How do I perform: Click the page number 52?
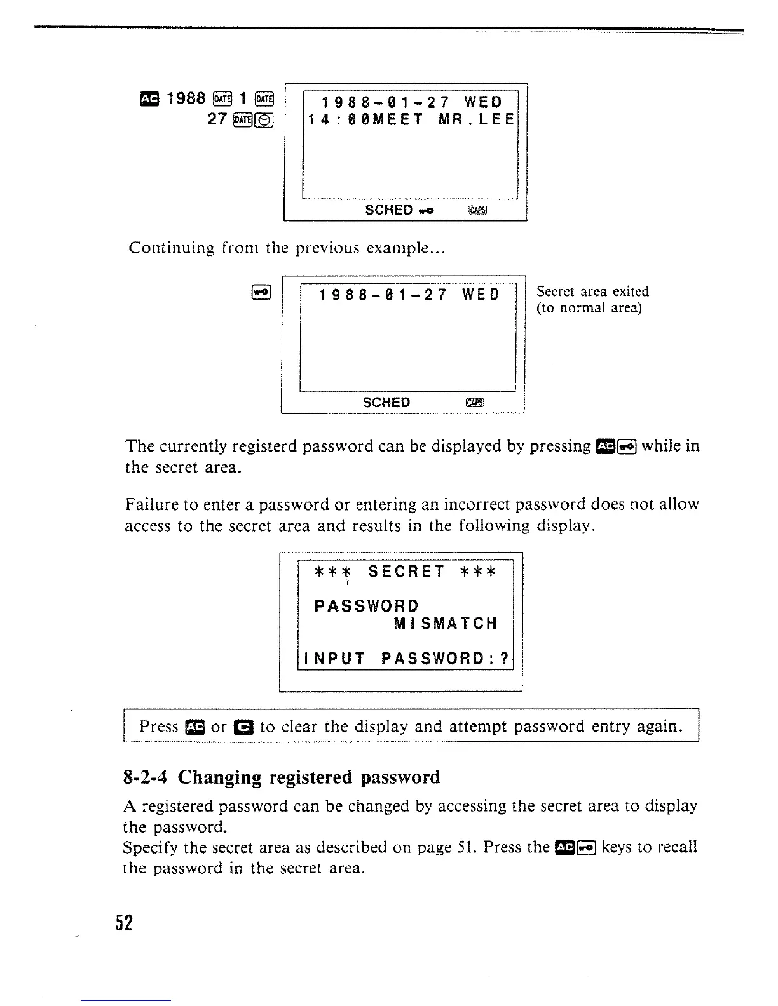[126, 922]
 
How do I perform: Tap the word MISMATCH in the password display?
[445, 624]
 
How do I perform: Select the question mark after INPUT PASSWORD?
[505, 659]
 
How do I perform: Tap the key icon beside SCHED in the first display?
[426, 211]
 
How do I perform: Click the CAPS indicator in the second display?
[475, 403]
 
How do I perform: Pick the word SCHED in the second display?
[386, 403]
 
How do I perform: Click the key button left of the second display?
[262, 292]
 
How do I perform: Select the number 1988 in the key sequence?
[186, 98]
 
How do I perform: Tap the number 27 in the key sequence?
[217, 119]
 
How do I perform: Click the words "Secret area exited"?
[592, 292]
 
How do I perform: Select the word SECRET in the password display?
[406, 572]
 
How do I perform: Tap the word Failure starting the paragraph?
[151, 505]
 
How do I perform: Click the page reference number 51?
[465, 848]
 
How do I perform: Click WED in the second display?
[481, 295]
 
